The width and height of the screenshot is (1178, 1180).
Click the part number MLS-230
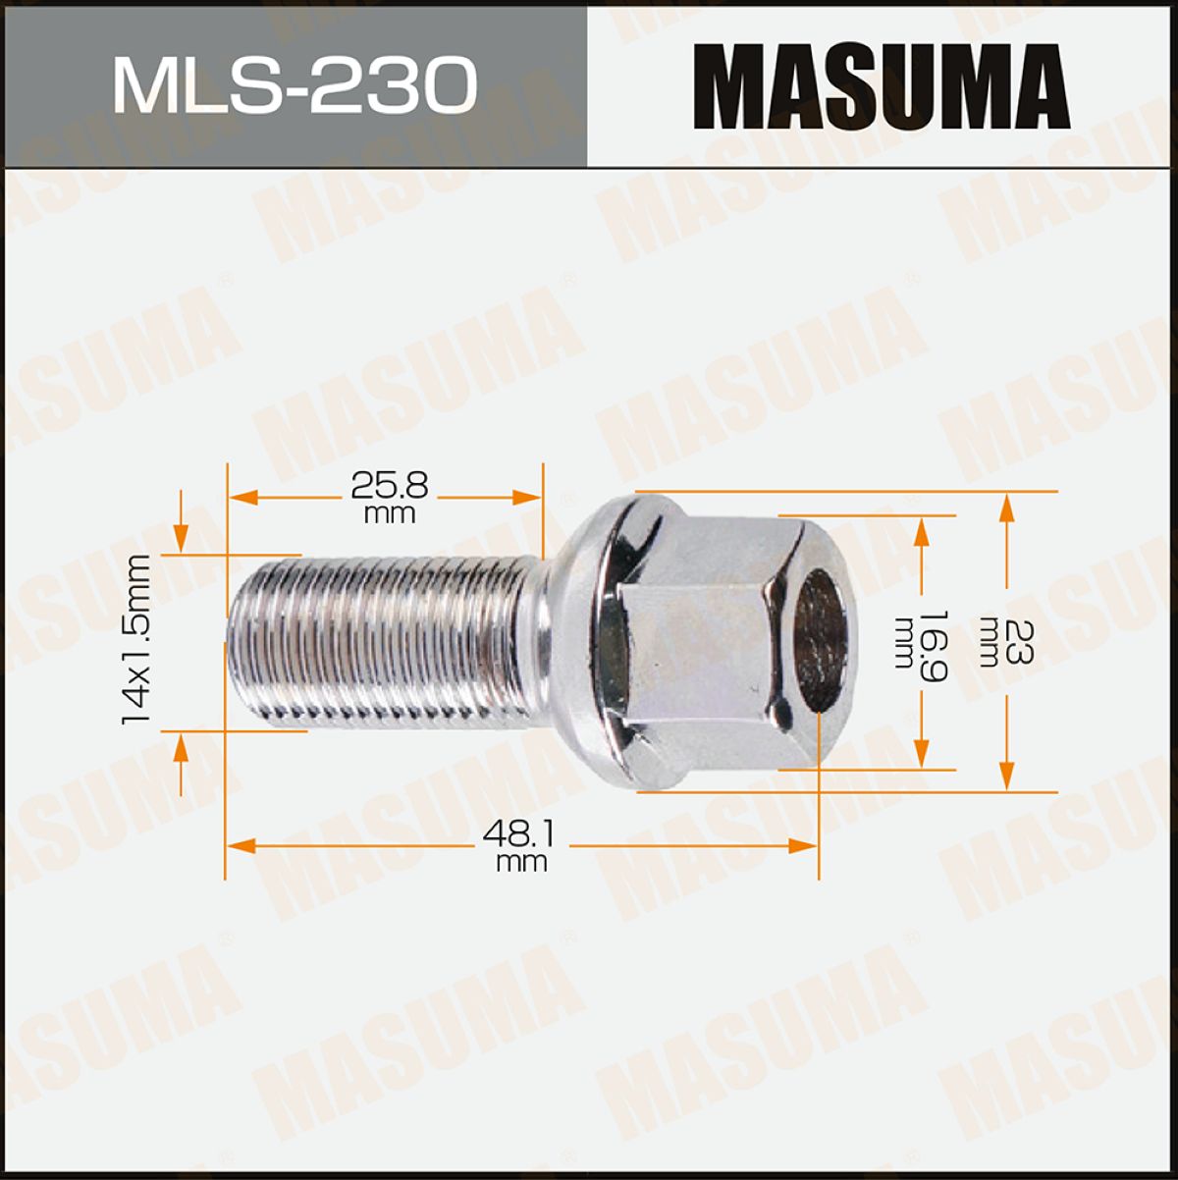294,85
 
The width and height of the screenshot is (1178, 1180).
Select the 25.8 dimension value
389,486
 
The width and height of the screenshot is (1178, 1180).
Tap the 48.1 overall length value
518,834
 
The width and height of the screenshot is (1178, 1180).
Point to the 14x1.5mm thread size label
136,640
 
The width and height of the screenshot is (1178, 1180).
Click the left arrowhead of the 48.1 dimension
241,846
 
